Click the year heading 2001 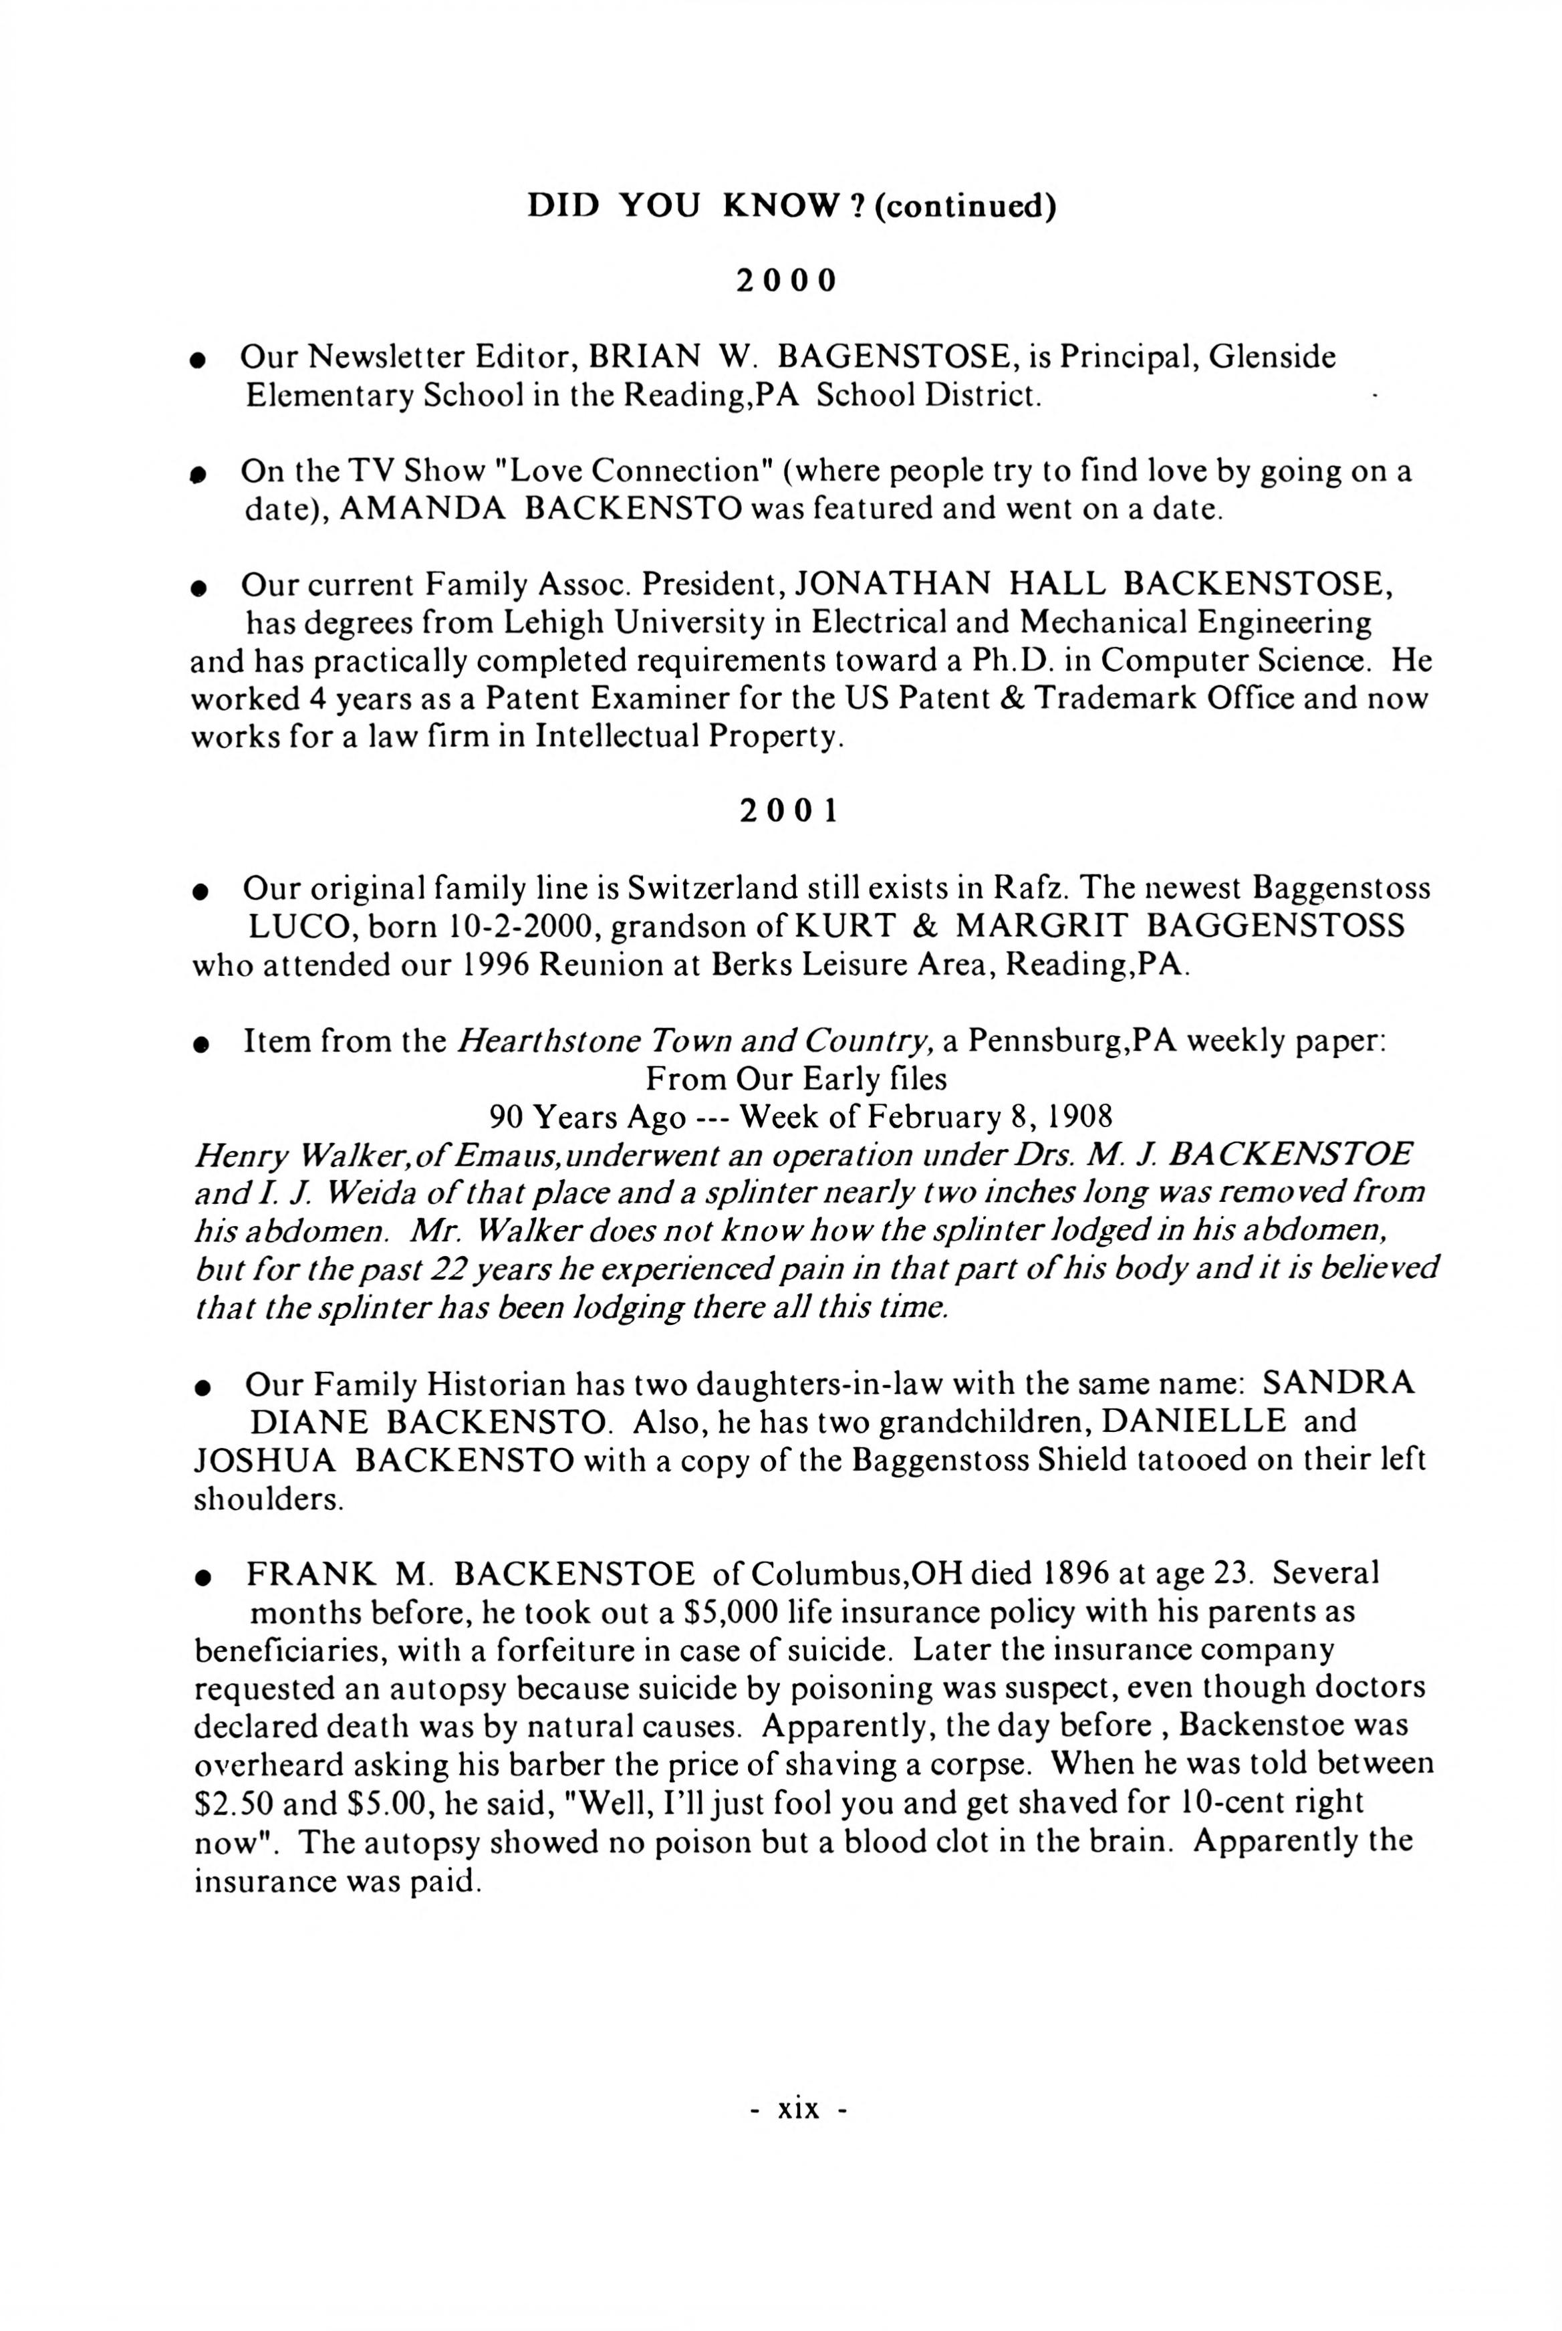(788, 812)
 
